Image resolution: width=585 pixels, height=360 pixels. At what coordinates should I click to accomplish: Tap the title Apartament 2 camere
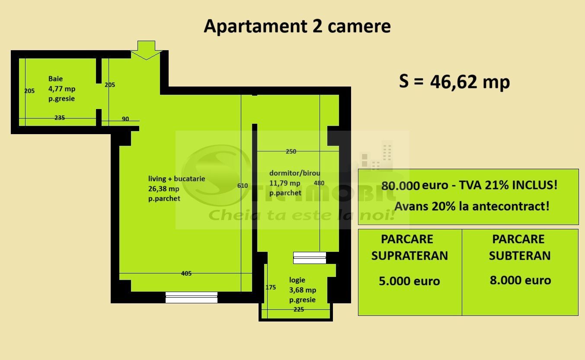tap(297, 26)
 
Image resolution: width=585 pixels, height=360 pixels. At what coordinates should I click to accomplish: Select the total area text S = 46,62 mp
tap(454, 81)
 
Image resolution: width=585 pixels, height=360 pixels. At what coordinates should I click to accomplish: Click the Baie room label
tap(55, 79)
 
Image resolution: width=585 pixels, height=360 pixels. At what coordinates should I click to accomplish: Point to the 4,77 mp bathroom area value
tap(62, 89)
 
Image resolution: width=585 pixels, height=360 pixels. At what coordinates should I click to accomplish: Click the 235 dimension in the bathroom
tap(60, 117)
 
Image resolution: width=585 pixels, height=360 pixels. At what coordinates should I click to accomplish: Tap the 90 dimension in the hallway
tap(125, 119)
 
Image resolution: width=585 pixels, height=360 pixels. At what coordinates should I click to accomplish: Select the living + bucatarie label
tap(176, 178)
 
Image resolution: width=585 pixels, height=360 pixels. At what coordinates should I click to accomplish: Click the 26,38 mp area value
tap(163, 189)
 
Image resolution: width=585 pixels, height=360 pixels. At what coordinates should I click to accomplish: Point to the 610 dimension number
tap(243, 186)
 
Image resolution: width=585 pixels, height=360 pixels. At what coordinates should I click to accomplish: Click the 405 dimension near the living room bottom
tap(186, 273)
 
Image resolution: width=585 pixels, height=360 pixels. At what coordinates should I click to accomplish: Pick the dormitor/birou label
tap(294, 173)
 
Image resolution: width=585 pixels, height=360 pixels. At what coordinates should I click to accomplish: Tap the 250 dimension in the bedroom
tap(291, 151)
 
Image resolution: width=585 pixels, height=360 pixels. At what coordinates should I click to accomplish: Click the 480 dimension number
tap(319, 183)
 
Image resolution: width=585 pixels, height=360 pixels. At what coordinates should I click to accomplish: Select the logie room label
tap(297, 280)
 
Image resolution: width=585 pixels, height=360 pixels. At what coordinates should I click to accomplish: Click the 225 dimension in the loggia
tap(298, 309)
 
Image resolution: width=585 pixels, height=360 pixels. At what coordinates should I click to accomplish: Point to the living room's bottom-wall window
tap(191, 297)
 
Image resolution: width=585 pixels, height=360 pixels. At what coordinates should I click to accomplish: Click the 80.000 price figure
tap(400, 186)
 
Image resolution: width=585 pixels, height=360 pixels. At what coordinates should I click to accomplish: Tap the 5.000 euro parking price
tap(409, 281)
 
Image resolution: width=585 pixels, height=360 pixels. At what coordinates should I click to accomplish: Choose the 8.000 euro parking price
tap(520, 280)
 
